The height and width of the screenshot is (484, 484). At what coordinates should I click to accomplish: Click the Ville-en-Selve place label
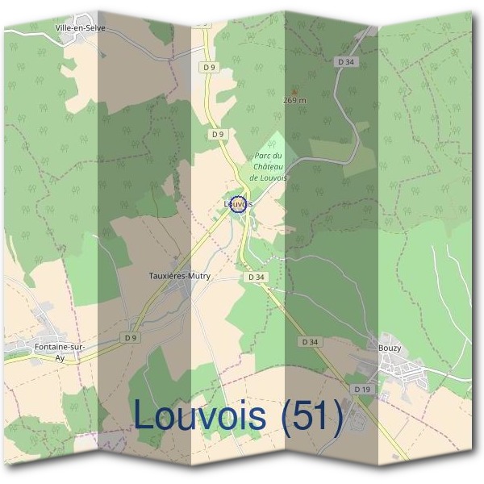[80, 27]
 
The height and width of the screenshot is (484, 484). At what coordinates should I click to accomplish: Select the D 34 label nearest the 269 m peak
[347, 61]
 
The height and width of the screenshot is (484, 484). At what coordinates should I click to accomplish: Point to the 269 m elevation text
[295, 101]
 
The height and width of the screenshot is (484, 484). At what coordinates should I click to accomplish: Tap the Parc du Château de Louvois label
[268, 166]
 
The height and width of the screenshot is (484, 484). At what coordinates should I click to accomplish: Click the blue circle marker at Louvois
[237, 204]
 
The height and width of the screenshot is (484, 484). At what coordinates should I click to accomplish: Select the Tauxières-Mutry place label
[179, 275]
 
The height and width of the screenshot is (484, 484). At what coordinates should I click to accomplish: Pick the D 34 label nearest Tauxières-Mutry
[257, 277]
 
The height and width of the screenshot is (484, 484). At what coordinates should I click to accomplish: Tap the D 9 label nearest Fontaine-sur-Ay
[131, 336]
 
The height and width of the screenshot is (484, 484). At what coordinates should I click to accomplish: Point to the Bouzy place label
[390, 348]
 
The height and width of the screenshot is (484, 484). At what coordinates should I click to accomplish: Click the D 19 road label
[362, 389]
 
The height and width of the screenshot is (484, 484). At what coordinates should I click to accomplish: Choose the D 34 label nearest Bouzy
[311, 342]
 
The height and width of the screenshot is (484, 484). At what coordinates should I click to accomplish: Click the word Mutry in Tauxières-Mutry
[198, 275]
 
